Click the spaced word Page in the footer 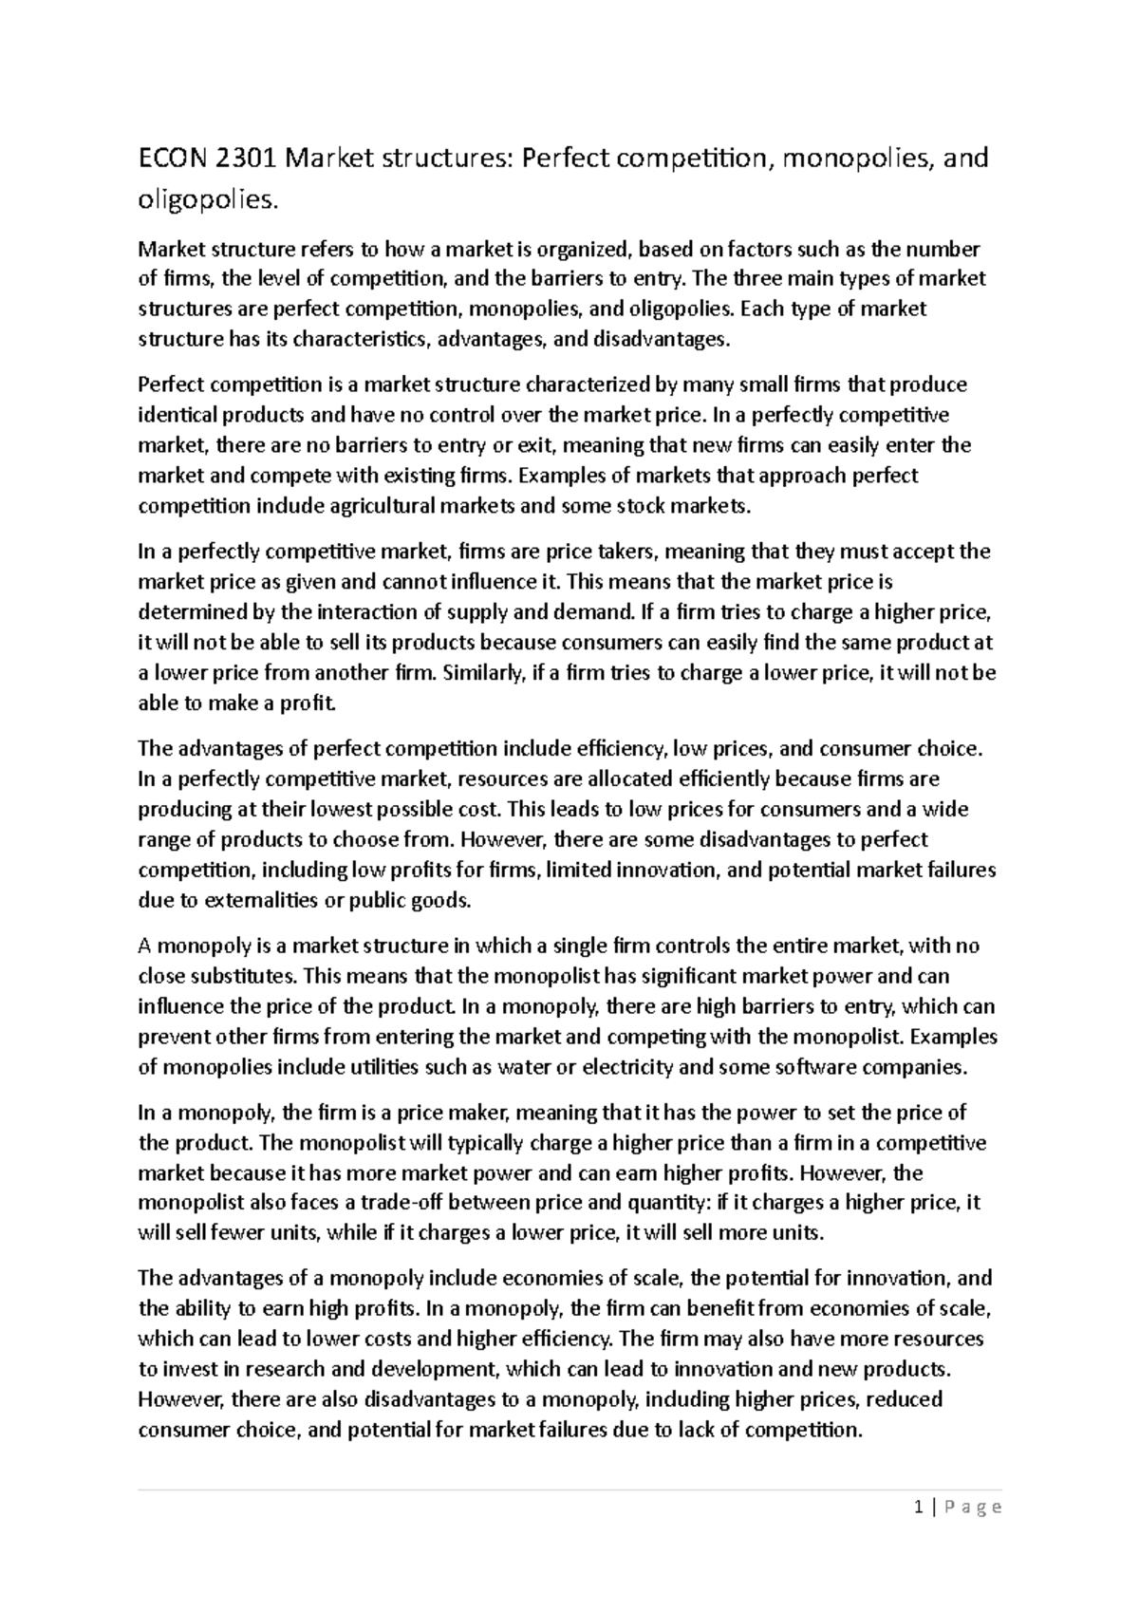pyautogui.click(x=973, y=1508)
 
